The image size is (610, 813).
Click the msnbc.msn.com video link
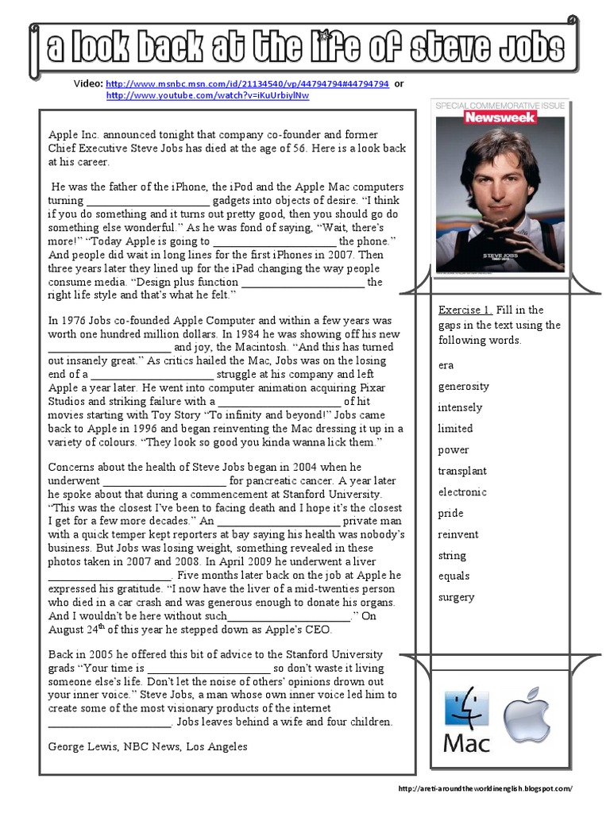click(247, 83)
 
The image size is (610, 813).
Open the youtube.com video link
click(207, 95)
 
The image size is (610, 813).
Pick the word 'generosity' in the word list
click(463, 387)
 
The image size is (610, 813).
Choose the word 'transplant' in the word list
click(462, 471)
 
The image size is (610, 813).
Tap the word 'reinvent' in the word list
click(458, 534)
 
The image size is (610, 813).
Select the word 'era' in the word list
click(446, 365)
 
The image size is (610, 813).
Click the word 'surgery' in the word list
click(456, 597)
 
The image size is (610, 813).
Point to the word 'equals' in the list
click(454, 576)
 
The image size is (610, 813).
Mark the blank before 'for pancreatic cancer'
click(165, 481)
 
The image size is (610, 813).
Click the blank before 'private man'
click(280, 522)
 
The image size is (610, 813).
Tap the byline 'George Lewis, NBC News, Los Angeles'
click(148, 747)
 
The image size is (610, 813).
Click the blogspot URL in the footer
click(485, 788)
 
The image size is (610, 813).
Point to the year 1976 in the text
click(77, 321)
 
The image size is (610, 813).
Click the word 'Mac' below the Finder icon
click(467, 744)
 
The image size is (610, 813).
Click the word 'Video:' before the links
click(87, 83)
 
